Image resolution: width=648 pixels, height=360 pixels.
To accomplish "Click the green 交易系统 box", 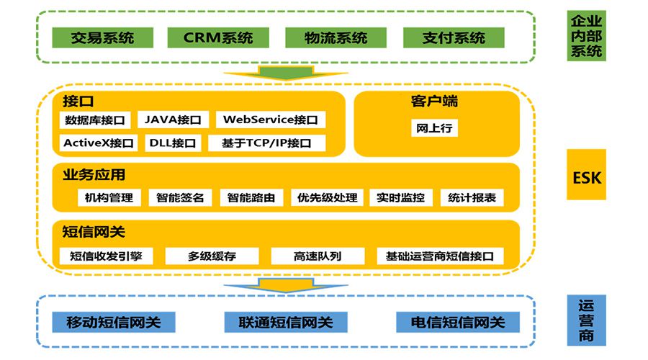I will [x=103, y=37].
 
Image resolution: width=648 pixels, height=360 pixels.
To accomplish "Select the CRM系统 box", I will [x=218, y=37].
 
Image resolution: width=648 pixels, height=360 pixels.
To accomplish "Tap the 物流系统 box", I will [x=336, y=37].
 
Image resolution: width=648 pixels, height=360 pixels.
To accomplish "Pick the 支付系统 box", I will [x=453, y=37].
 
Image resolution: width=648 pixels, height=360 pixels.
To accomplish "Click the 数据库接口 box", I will [x=95, y=120].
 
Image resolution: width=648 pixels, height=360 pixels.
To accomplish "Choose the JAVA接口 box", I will [x=173, y=120].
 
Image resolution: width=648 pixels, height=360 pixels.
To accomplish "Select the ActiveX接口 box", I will [x=99, y=143].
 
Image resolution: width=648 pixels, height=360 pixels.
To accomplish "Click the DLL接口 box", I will [x=173, y=143].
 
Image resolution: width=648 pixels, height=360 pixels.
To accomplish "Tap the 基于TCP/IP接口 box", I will [x=266, y=143].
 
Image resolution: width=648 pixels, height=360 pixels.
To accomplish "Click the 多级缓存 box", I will [x=212, y=256].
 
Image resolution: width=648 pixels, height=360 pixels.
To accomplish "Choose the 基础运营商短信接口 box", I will [x=439, y=256].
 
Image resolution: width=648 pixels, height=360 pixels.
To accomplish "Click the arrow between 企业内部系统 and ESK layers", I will [x=285, y=72].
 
